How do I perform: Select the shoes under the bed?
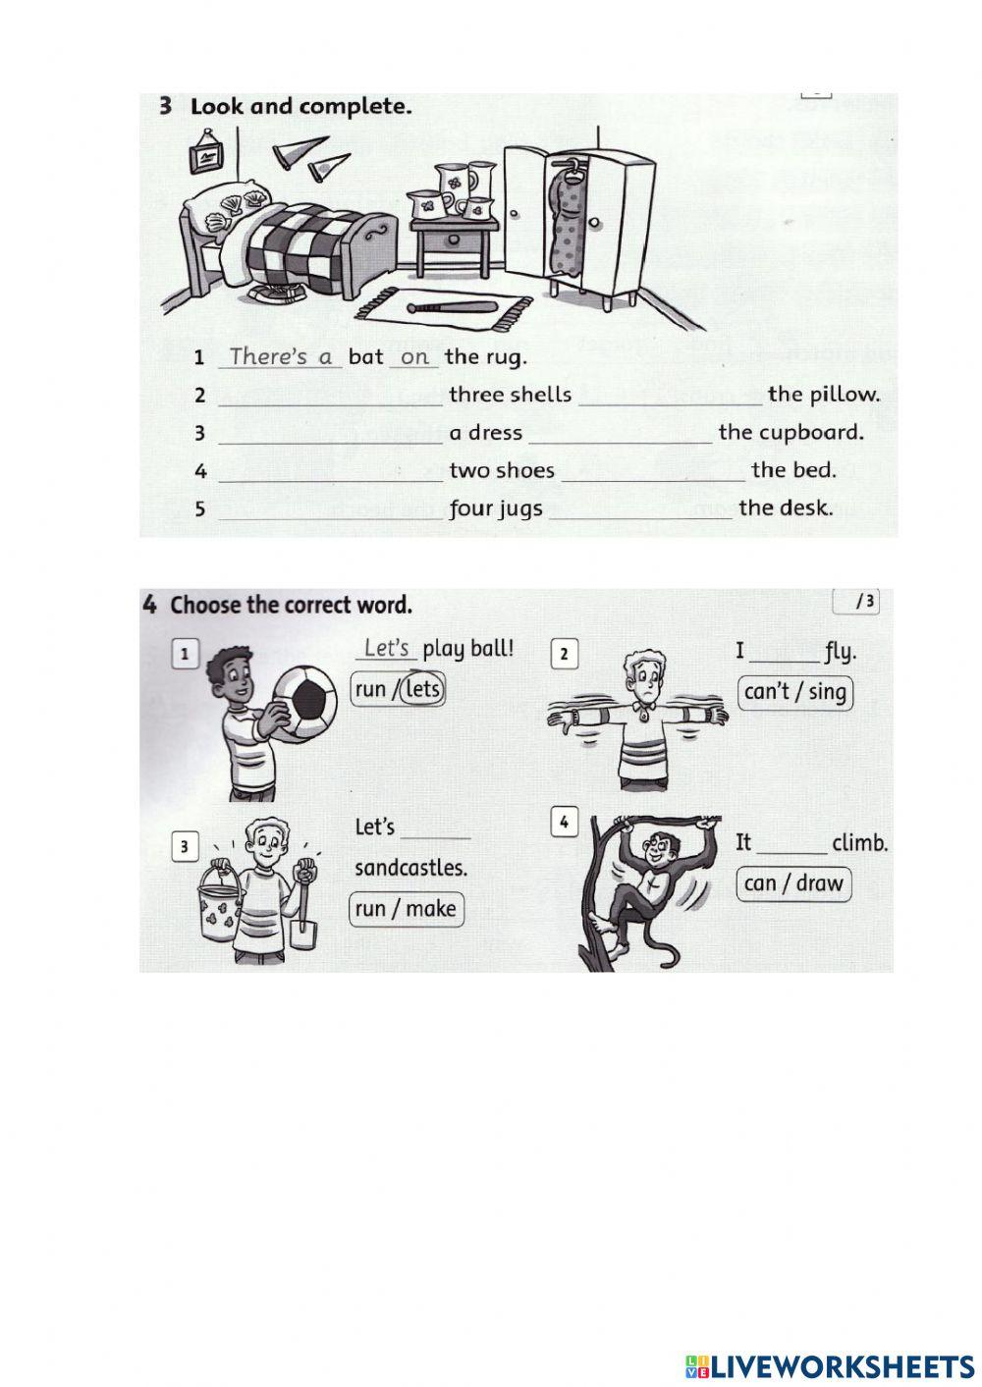[274, 293]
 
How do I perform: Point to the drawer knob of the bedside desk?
[453, 238]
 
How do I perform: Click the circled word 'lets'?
[422, 689]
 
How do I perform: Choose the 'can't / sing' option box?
[794, 692]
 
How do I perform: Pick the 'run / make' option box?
[406, 909]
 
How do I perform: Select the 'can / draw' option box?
[792, 883]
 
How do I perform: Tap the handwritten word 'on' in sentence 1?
[414, 357]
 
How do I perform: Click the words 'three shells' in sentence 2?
[510, 395]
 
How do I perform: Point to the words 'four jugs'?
[495, 508]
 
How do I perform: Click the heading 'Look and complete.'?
[300, 106]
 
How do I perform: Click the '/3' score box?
[854, 602]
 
